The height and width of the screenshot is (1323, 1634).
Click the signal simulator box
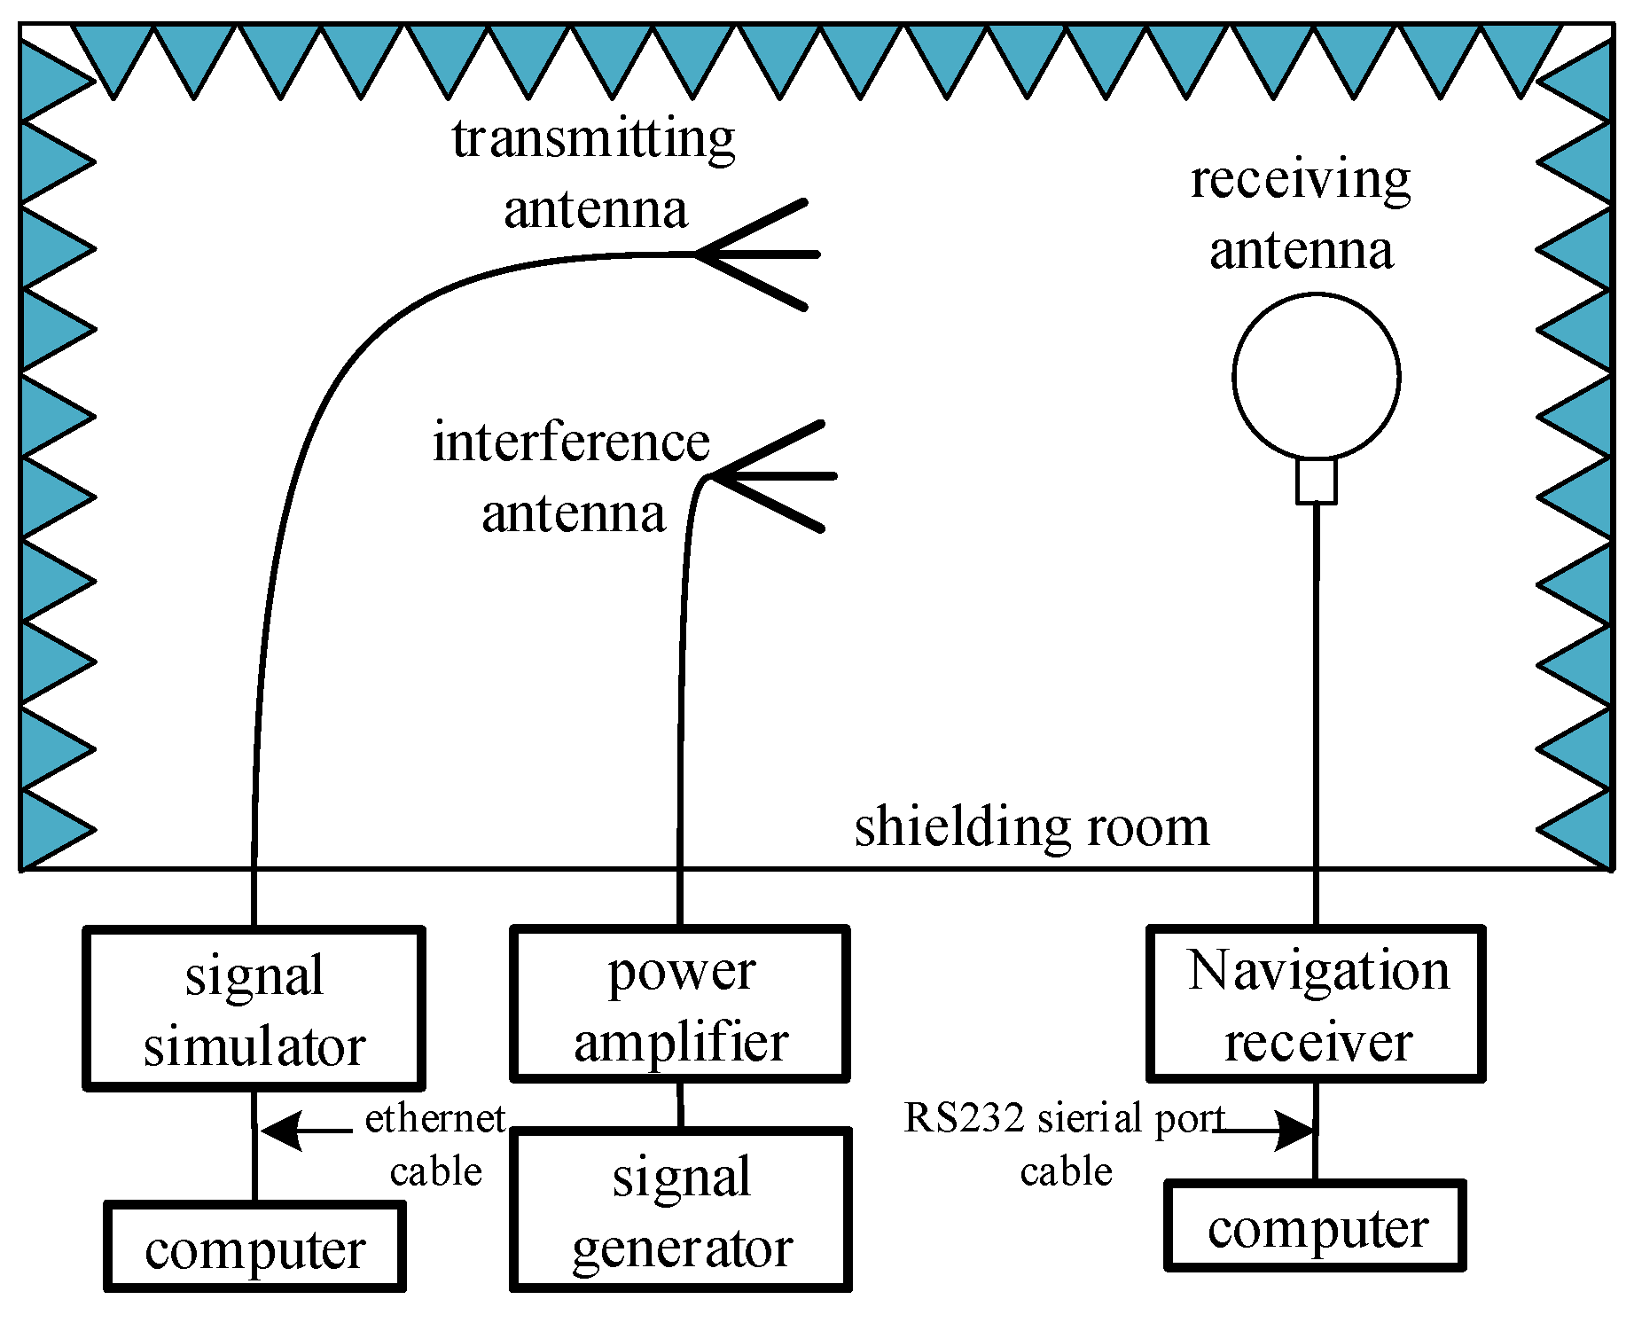[x=254, y=1008]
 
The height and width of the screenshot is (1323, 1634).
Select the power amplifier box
[x=680, y=1004]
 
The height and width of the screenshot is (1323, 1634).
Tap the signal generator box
[x=680, y=1209]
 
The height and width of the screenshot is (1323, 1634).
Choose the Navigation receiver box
[x=1316, y=1004]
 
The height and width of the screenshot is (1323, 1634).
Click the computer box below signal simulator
[x=254, y=1247]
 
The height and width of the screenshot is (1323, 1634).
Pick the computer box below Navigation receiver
[x=1315, y=1225]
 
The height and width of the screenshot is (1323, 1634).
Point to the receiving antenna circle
[x=1316, y=377]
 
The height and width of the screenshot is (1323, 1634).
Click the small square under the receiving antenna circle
[x=1316, y=481]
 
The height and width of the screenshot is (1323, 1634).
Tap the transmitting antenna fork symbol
[x=758, y=254]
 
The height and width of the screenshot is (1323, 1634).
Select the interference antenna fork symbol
[x=771, y=476]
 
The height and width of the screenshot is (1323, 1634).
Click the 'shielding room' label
[x=1031, y=826]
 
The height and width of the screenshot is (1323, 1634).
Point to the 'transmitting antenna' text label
[x=594, y=174]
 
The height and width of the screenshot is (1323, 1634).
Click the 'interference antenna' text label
[x=572, y=478]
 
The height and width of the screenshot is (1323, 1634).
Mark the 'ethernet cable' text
[x=435, y=1145]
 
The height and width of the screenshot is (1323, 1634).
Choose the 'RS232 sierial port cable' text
[x=1064, y=1145]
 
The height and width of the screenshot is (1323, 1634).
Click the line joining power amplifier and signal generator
[x=680, y=1104]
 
